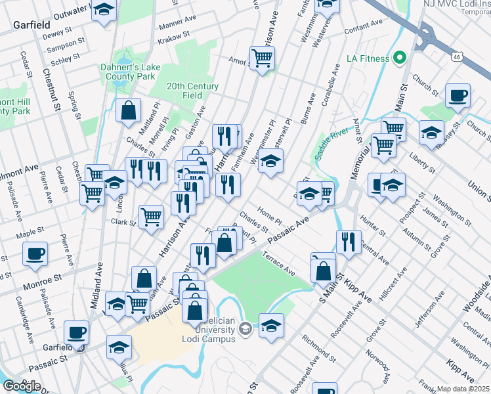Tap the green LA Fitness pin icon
pyautogui.click(x=399, y=58)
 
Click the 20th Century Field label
pyautogui.click(x=192, y=91)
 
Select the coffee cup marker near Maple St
pyautogui.click(x=35, y=253)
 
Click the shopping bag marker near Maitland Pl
pyautogui.click(x=129, y=110)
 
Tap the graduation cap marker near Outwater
pyautogui.click(x=103, y=11)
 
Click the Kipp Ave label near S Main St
pyautogui.click(x=360, y=290)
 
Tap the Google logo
pyautogui.click(x=22, y=386)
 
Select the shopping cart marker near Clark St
pyautogui.click(x=151, y=216)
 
